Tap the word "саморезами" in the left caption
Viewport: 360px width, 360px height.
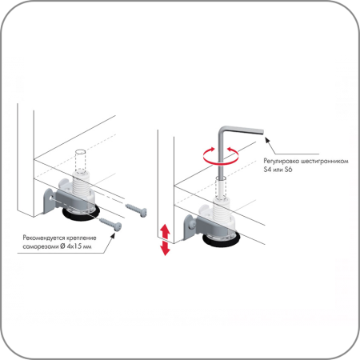coord(41,246)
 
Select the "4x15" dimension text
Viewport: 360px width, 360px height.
coord(74,246)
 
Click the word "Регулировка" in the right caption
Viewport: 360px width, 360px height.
coord(281,162)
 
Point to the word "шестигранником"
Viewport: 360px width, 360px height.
coord(324,162)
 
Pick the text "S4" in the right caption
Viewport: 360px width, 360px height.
coord(267,170)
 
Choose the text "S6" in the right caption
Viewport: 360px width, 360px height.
coord(288,170)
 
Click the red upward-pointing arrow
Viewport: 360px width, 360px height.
coord(165,231)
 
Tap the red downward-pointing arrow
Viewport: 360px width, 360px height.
coord(165,248)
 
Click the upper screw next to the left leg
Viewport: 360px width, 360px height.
coord(136,210)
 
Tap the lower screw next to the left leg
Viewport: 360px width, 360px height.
coord(110,223)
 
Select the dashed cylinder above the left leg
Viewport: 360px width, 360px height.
coord(81,161)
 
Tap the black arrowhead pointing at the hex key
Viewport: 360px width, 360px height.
coord(268,140)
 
